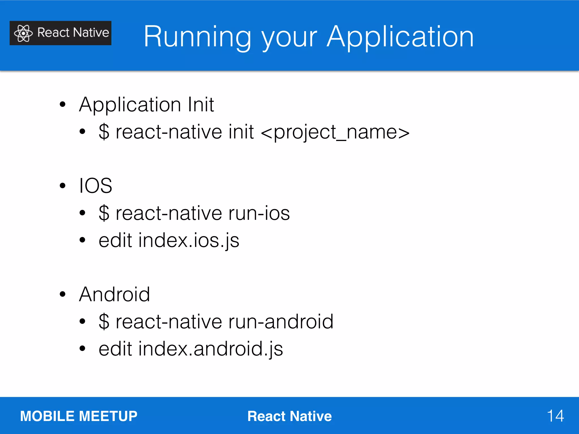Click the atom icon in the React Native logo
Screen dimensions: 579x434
tap(23, 33)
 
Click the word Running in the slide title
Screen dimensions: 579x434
tap(197, 37)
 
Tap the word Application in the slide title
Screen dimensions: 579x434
tap(400, 37)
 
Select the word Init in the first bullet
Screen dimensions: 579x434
tap(201, 105)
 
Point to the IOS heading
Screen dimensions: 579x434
tap(96, 186)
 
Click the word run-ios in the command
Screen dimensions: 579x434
tap(259, 213)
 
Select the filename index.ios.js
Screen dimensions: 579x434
tap(189, 240)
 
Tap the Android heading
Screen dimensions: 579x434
tap(114, 294)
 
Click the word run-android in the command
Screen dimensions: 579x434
tap(281, 322)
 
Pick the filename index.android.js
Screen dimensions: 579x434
tap(211, 349)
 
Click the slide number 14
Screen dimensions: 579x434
tap(555, 416)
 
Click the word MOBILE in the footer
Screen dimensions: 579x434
tap(47, 416)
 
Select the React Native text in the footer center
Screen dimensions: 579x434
tap(289, 416)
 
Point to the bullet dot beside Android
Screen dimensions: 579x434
tap(62, 294)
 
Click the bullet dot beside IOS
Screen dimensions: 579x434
tap(62, 186)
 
